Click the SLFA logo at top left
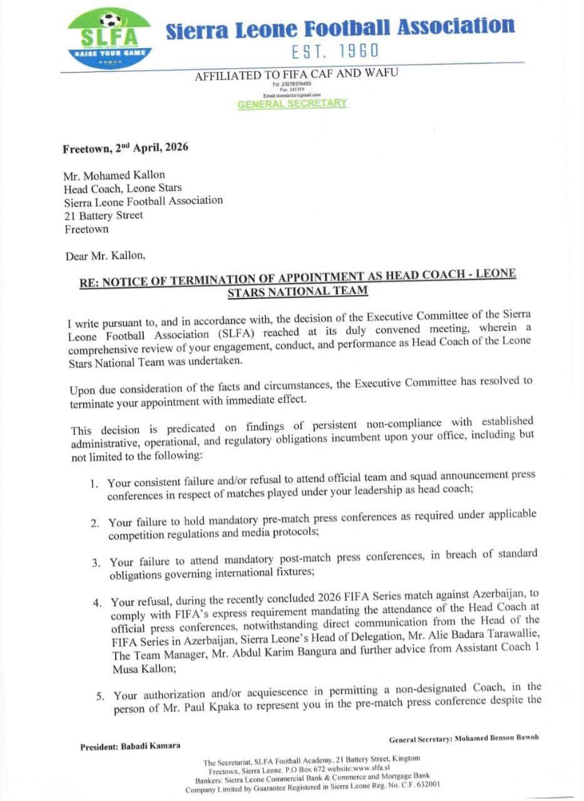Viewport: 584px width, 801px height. pyautogui.click(x=110, y=38)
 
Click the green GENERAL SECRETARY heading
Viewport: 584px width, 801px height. pyautogui.click(x=292, y=104)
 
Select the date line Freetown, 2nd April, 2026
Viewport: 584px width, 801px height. pyautogui.click(x=125, y=148)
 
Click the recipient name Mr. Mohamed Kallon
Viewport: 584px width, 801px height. pyautogui.click(x=115, y=175)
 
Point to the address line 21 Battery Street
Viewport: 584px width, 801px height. pyautogui.click(x=103, y=215)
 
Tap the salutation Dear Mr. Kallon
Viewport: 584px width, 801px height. pyautogui.click(x=106, y=256)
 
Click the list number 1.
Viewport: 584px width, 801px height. pyautogui.click(x=93, y=484)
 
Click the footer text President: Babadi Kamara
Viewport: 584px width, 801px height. pyautogui.click(x=130, y=746)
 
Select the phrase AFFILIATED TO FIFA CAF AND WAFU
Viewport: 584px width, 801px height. pyautogui.click(x=296, y=74)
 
